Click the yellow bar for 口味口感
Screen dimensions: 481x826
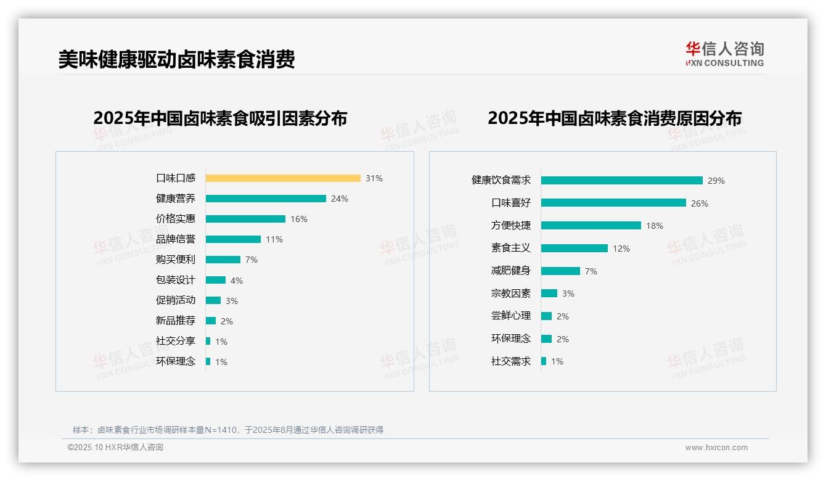point(283,178)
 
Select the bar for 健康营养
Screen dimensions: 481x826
point(266,199)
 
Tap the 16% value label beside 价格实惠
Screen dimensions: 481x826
point(299,219)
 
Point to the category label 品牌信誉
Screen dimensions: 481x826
point(176,239)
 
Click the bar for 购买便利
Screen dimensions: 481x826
point(223,260)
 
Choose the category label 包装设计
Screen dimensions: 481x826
point(176,280)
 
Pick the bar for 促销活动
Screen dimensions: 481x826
point(213,300)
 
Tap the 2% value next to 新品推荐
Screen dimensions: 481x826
point(227,321)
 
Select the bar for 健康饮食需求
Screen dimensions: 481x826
point(622,181)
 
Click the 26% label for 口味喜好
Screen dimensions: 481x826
point(700,203)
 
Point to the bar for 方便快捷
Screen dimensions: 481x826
point(591,226)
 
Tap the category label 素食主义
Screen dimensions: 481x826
point(511,248)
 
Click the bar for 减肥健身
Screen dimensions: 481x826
point(560,271)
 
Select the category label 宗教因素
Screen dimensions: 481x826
point(511,294)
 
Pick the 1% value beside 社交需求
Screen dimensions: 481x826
point(557,361)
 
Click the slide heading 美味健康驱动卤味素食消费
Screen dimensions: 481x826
point(177,59)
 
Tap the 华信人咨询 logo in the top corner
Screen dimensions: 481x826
point(725,54)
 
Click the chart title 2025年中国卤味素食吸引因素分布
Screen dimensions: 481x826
point(220,118)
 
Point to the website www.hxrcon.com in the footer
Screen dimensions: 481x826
point(716,448)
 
